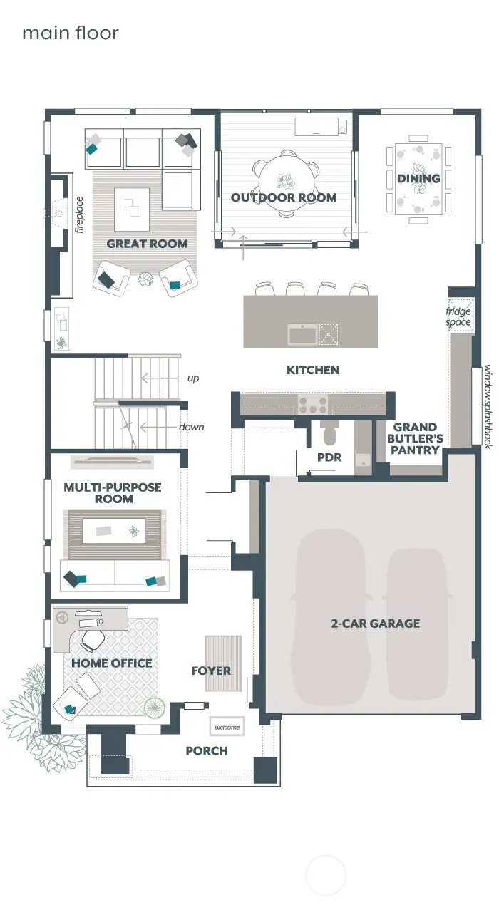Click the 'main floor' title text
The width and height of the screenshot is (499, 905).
(70, 33)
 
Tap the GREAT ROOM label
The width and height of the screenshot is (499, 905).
(147, 244)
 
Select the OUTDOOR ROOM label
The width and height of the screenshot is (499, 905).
(284, 197)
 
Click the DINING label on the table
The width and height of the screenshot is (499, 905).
(418, 178)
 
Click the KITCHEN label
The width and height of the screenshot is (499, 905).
(313, 370)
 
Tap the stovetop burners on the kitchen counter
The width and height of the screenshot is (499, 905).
(313, 404)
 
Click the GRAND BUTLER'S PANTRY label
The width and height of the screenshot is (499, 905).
(415, 438)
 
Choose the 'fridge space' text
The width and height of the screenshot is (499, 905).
(458, 317)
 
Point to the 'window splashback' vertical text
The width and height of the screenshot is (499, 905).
(488, 406)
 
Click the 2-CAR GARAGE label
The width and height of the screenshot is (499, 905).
(376, 624)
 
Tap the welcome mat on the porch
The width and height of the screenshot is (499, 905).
(227, 727)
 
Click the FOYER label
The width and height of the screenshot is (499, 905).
(211, 671)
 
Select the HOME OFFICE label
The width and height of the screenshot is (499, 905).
(111, 663)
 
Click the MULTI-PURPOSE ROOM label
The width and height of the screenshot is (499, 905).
(113, 493)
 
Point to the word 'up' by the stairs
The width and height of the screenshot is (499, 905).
(193, 378)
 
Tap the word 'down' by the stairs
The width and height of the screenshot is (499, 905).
(191, 427)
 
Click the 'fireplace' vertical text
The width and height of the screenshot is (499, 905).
(79, 214)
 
